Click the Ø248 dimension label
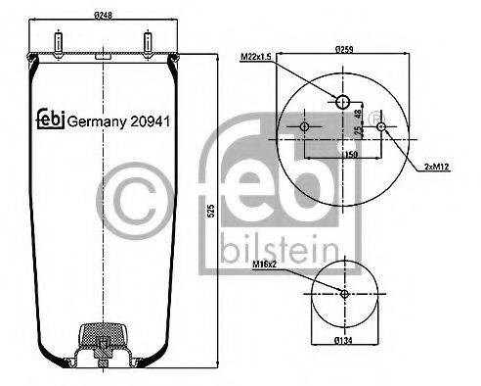click(103, 15)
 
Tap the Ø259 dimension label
click(344, 49)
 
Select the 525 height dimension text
click(211, 211)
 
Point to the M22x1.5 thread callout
click(256, 57)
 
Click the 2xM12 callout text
click(436, 167)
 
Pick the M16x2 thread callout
click(264, 265)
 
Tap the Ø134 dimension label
click(343, 341)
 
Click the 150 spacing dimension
click(351, 154)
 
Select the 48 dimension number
click(358, 114)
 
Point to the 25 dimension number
click(358, 130)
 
